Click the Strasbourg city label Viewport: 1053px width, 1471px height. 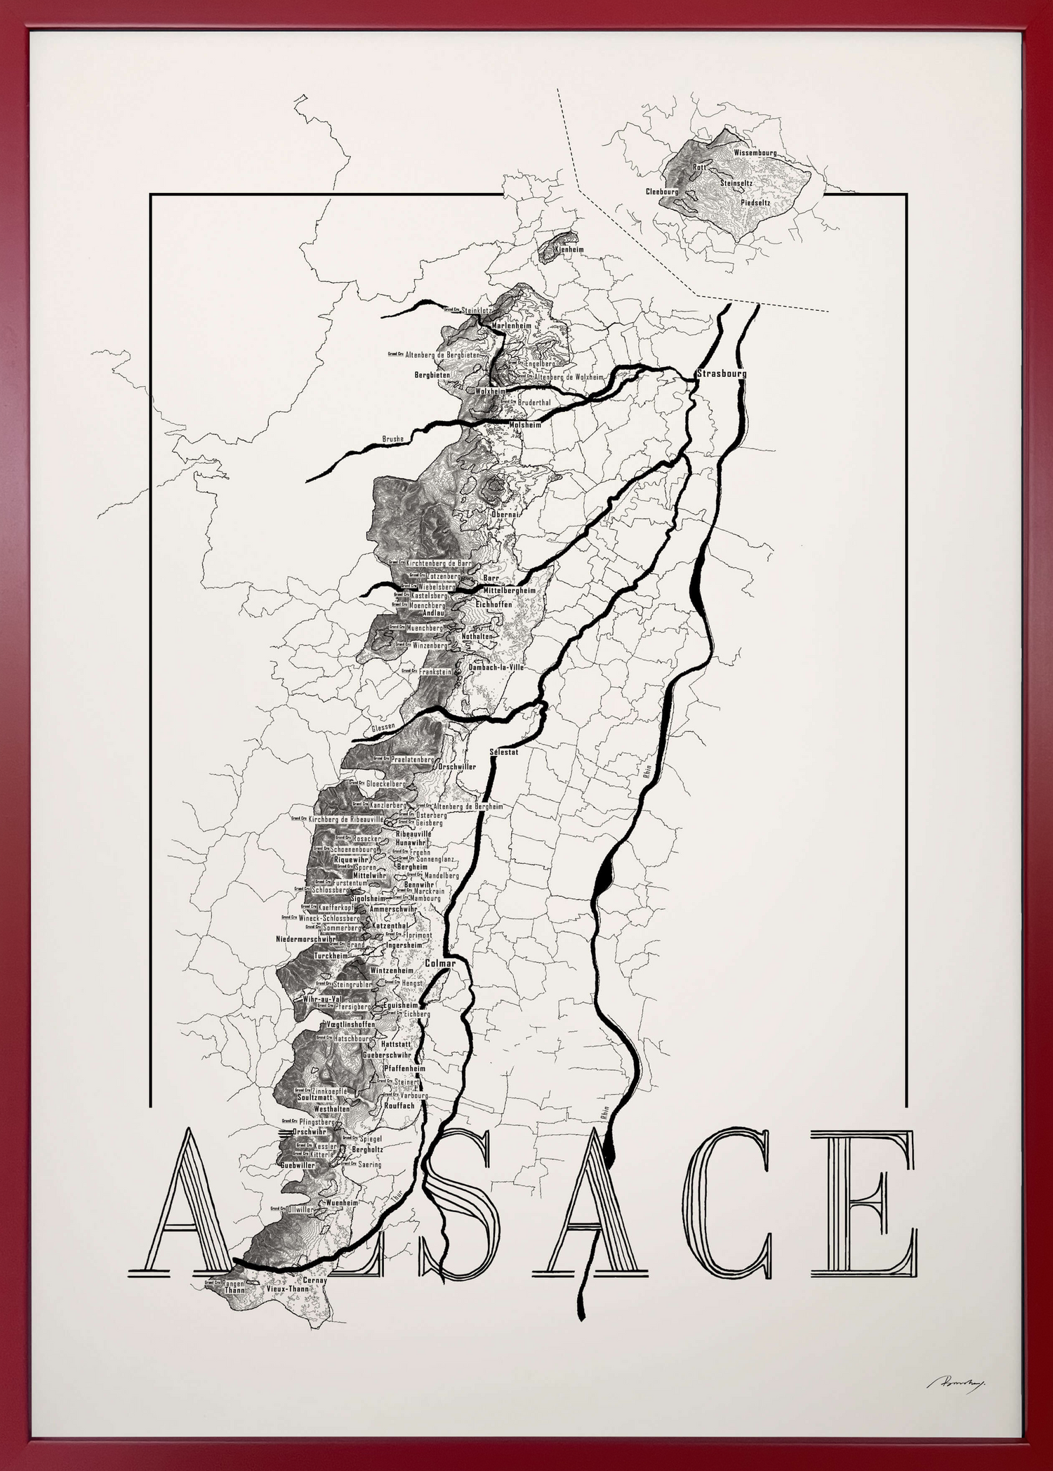721,373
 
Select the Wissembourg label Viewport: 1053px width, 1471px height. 755,152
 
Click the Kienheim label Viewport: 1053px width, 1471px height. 568,249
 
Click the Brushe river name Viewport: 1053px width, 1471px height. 392,439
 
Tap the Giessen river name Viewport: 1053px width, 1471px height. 385,727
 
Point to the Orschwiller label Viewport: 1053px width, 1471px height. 457,766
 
